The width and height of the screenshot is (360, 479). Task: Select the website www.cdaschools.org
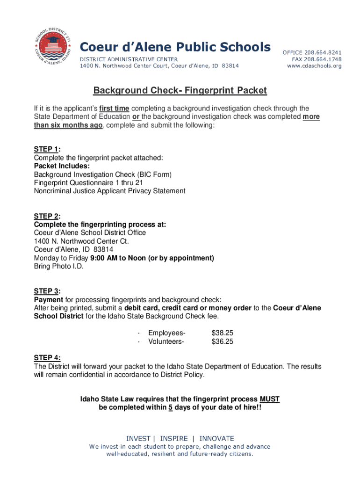point(315,66)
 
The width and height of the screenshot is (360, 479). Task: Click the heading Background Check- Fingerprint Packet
point(180,90)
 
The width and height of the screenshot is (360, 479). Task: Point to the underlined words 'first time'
point(115,109)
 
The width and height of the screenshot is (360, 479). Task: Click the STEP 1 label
point(46,149)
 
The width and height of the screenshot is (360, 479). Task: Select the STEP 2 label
point(46,216)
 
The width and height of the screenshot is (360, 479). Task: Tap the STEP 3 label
point(46,291)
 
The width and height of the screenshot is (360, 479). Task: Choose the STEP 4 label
point(46,358)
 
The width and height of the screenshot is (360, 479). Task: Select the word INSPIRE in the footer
point(173,438)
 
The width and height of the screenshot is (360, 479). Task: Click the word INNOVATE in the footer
point(216,438)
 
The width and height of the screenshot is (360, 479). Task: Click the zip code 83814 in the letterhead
point(230,66)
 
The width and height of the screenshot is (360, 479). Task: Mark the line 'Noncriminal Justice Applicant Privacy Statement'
point(109,191)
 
